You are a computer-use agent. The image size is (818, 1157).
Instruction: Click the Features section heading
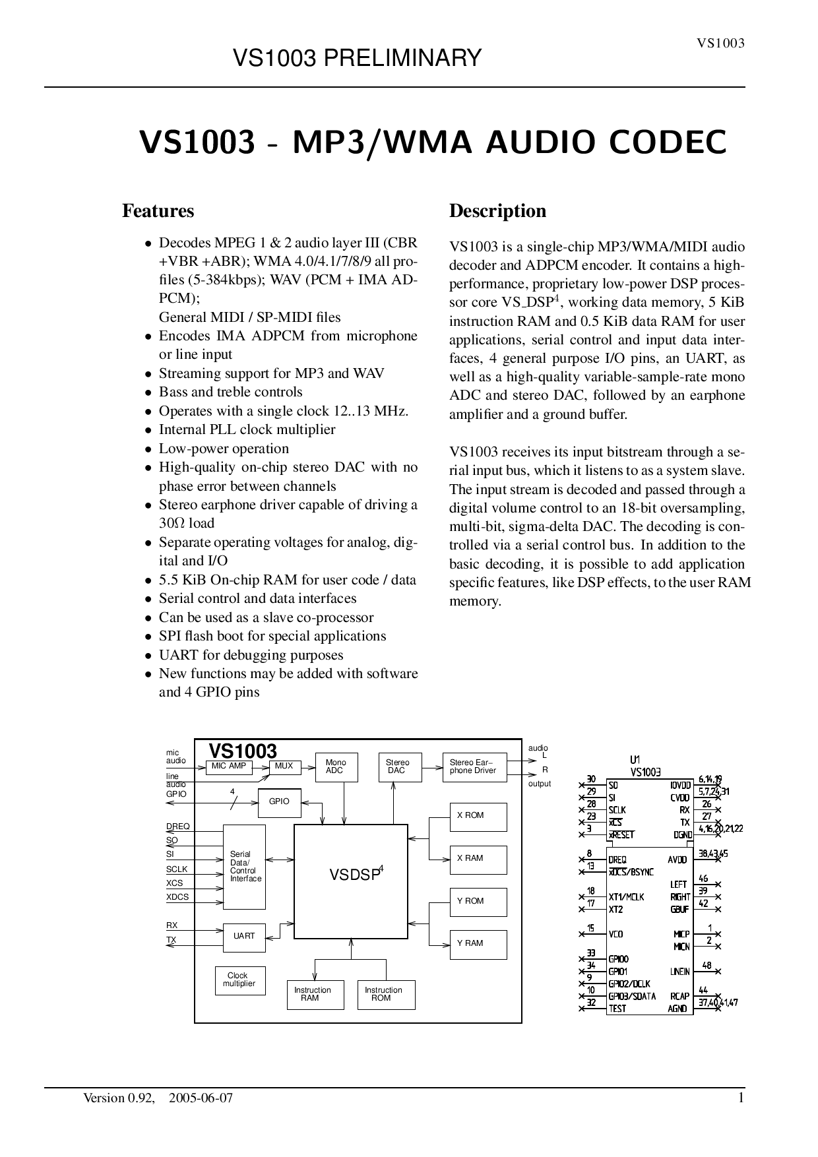point(158,211)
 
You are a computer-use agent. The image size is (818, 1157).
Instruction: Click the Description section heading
point(497,211)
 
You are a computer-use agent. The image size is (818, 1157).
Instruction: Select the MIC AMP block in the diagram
point(228,766)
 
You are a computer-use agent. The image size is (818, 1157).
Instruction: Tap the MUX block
point(284,766)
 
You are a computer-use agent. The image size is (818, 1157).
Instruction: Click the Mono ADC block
point(336,767)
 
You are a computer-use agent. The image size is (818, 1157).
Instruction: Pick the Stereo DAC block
point(400,767)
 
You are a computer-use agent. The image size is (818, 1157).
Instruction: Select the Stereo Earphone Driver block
point(474,767)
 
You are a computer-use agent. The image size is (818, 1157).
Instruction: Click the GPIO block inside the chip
point(279,802)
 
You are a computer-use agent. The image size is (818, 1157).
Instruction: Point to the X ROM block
point(478,817)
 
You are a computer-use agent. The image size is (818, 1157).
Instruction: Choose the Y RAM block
point(478,944)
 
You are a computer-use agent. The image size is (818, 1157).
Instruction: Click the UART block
point(244,937)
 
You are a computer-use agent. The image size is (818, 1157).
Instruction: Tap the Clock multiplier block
point(239,980)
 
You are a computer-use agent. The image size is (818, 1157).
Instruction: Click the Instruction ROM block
point(386,995)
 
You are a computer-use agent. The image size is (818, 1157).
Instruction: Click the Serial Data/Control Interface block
point(245,867)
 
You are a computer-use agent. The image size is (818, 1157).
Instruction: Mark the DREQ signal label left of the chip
point(177,827)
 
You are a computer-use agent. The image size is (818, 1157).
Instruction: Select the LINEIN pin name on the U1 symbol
point(679,972)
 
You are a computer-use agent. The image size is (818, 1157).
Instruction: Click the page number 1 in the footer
point(741,1098)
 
